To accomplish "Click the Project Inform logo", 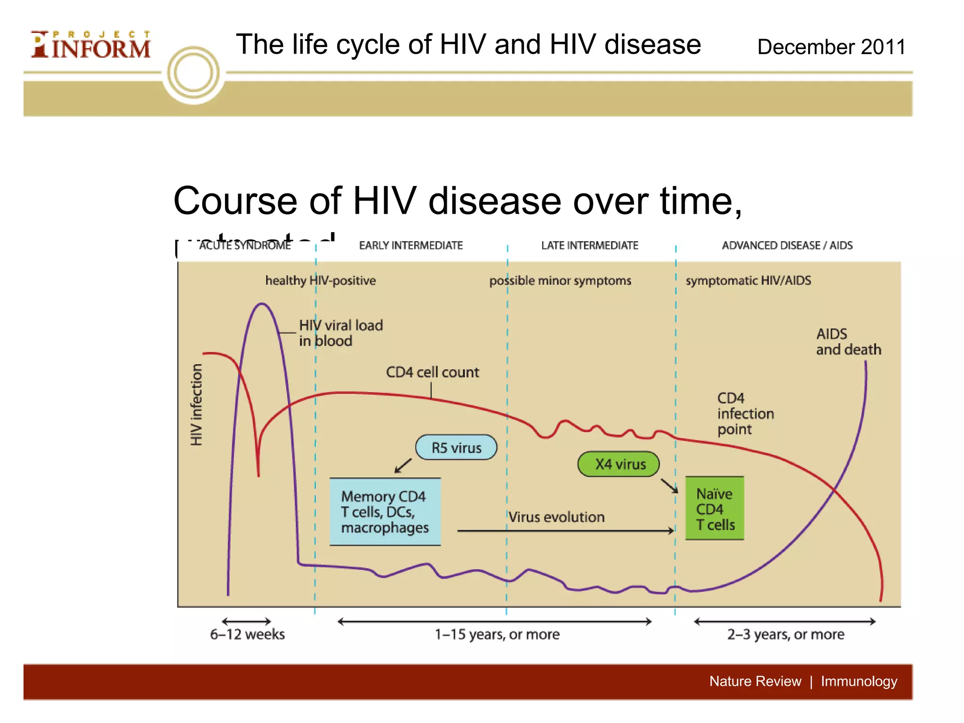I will (91, 45).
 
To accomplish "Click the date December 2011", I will (831, 47).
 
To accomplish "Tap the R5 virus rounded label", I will (456, 448).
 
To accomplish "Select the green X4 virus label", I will (619, 464).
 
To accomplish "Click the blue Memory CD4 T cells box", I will (385, 512).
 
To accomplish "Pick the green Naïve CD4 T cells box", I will (715, 509).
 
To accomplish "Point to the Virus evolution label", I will (556, 517).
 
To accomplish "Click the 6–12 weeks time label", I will (247, 635).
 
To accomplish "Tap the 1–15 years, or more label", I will (497, 635).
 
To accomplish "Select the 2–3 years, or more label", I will (786, 635).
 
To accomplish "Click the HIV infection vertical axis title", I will (196, 405).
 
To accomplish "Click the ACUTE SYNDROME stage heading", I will (245, 245).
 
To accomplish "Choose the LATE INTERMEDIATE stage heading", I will (590, 245).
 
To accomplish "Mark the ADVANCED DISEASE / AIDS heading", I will (787, 245).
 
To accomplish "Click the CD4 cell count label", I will (432, 372).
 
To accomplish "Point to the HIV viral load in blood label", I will (340, 333).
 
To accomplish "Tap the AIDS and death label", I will (848, 342).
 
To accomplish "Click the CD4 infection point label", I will (745, 414).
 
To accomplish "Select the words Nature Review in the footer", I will (755, 681).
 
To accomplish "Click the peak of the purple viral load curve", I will (262, 305).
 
